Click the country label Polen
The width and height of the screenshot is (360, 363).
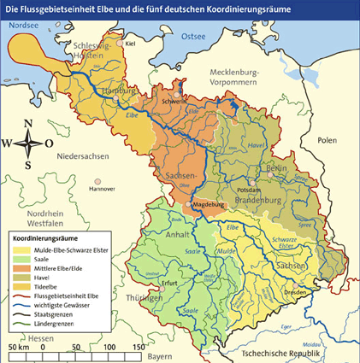326,139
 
